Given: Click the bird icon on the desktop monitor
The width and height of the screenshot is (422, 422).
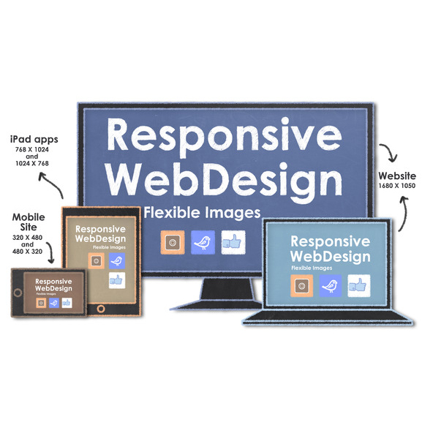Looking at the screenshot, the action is point(203,242).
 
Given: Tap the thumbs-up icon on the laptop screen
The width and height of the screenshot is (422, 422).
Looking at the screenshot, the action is point(359,286).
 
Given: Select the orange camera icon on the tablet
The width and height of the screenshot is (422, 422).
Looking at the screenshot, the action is point(96,261).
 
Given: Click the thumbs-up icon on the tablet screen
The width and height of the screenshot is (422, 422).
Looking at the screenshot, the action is point(117,280).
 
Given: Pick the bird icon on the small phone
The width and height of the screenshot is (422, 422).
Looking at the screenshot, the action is point(54,303).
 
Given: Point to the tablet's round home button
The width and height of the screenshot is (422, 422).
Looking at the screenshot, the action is point(101,309).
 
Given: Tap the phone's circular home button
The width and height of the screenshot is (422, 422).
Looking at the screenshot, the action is point(18,293).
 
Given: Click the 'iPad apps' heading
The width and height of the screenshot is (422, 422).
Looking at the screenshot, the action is point(34,140).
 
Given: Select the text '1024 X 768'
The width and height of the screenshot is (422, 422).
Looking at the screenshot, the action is point(32,163).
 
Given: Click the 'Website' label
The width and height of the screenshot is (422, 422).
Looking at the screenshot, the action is point(397,176).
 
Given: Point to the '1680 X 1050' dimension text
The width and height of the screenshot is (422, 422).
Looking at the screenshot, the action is point(397,186).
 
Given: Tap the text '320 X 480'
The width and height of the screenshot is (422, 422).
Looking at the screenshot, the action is point(27,238).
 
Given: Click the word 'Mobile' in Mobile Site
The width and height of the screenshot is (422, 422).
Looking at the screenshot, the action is point(29,217).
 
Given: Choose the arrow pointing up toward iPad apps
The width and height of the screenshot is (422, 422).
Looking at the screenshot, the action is point(53,184).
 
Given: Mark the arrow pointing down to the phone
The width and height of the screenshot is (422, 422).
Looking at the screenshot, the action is point(50,252).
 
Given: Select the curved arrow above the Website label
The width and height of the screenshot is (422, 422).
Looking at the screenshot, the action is point(391,151).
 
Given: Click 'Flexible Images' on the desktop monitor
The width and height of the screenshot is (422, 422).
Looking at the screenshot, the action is point(202,213).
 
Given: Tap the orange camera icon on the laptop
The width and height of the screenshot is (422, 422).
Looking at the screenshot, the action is point(302,286).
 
